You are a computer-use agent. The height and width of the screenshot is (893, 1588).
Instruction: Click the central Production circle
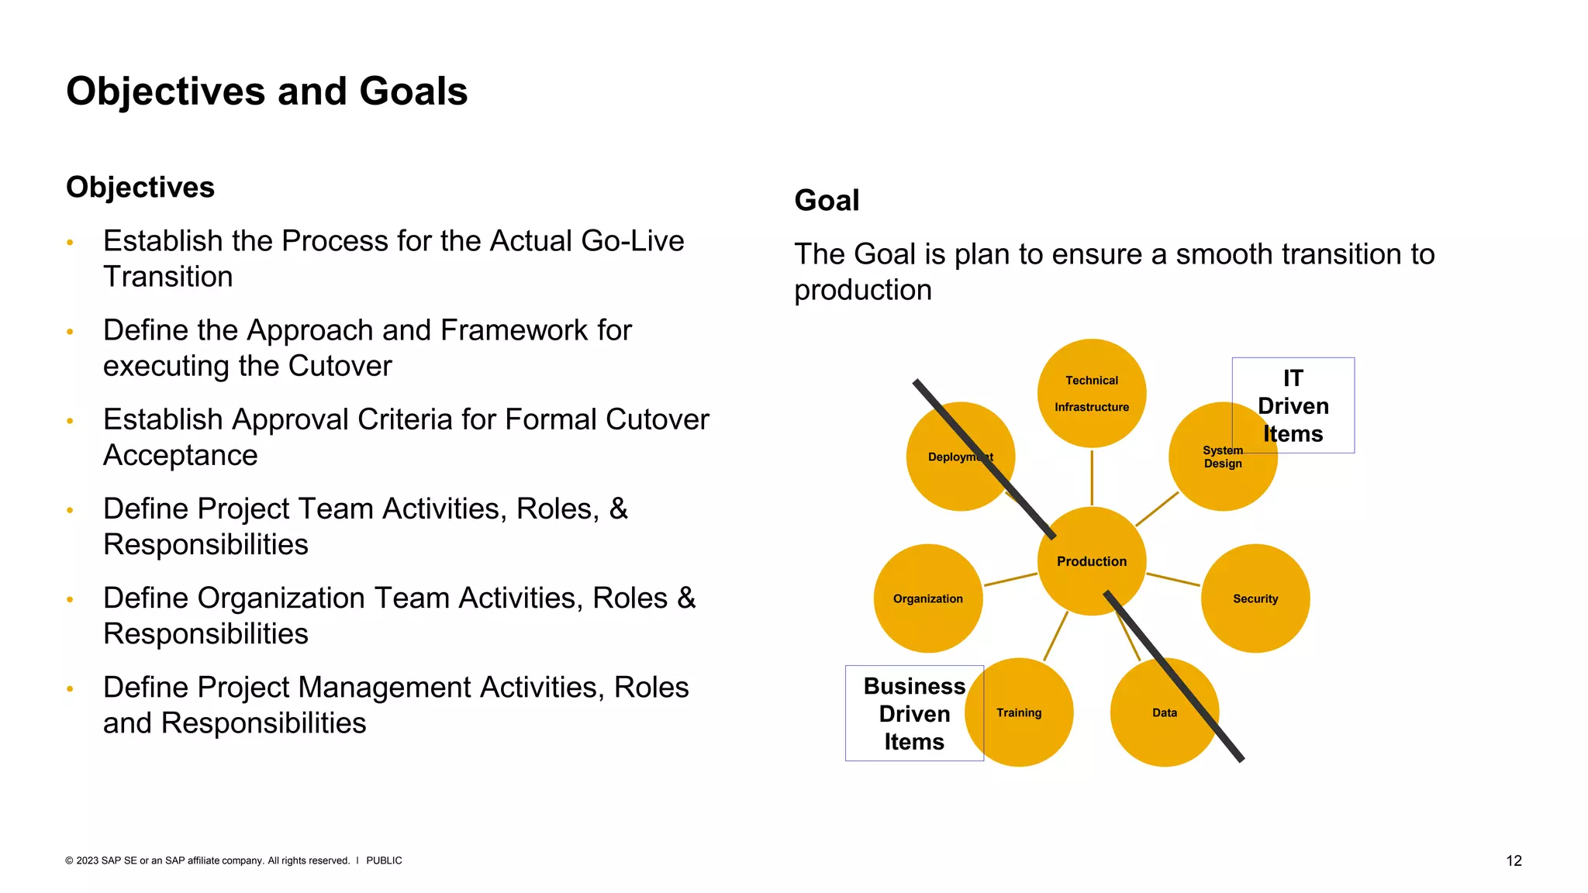[x=1091, y=561]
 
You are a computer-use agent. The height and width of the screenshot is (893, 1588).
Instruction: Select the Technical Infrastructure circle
[x=1091, y=393]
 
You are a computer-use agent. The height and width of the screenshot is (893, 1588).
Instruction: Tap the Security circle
[x=1255, y=598]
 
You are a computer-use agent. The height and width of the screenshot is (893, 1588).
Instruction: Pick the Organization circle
[x=927, y=598]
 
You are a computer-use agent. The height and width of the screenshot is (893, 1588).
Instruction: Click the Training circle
[x=1019, y=712]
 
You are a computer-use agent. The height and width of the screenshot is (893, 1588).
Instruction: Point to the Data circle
[x=1164, y=712]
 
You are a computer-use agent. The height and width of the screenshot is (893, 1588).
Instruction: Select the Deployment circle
[x=960, y=457]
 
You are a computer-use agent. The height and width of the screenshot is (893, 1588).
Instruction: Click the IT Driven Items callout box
[x=1293, y=405]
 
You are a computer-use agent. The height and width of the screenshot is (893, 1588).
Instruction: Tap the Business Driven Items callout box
[x=913, y=713]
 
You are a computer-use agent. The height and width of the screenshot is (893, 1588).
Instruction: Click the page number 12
[x=1514, y=860]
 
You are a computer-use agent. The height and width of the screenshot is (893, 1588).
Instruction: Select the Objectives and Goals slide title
[x=267, y=91]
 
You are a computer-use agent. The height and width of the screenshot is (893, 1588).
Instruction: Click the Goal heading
[x=827, y=201]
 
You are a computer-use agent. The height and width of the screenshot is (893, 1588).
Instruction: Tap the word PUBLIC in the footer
[x=384, y=860]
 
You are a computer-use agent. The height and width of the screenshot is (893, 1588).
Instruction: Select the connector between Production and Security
[x=1173, y=580]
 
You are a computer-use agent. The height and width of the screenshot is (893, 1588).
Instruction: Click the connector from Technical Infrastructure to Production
[x=1092, y=477]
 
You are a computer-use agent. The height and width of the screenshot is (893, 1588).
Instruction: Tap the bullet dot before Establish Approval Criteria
[x=70, y=421]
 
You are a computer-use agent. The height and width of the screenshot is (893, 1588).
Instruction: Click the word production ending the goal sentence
[x=862, y=290]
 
